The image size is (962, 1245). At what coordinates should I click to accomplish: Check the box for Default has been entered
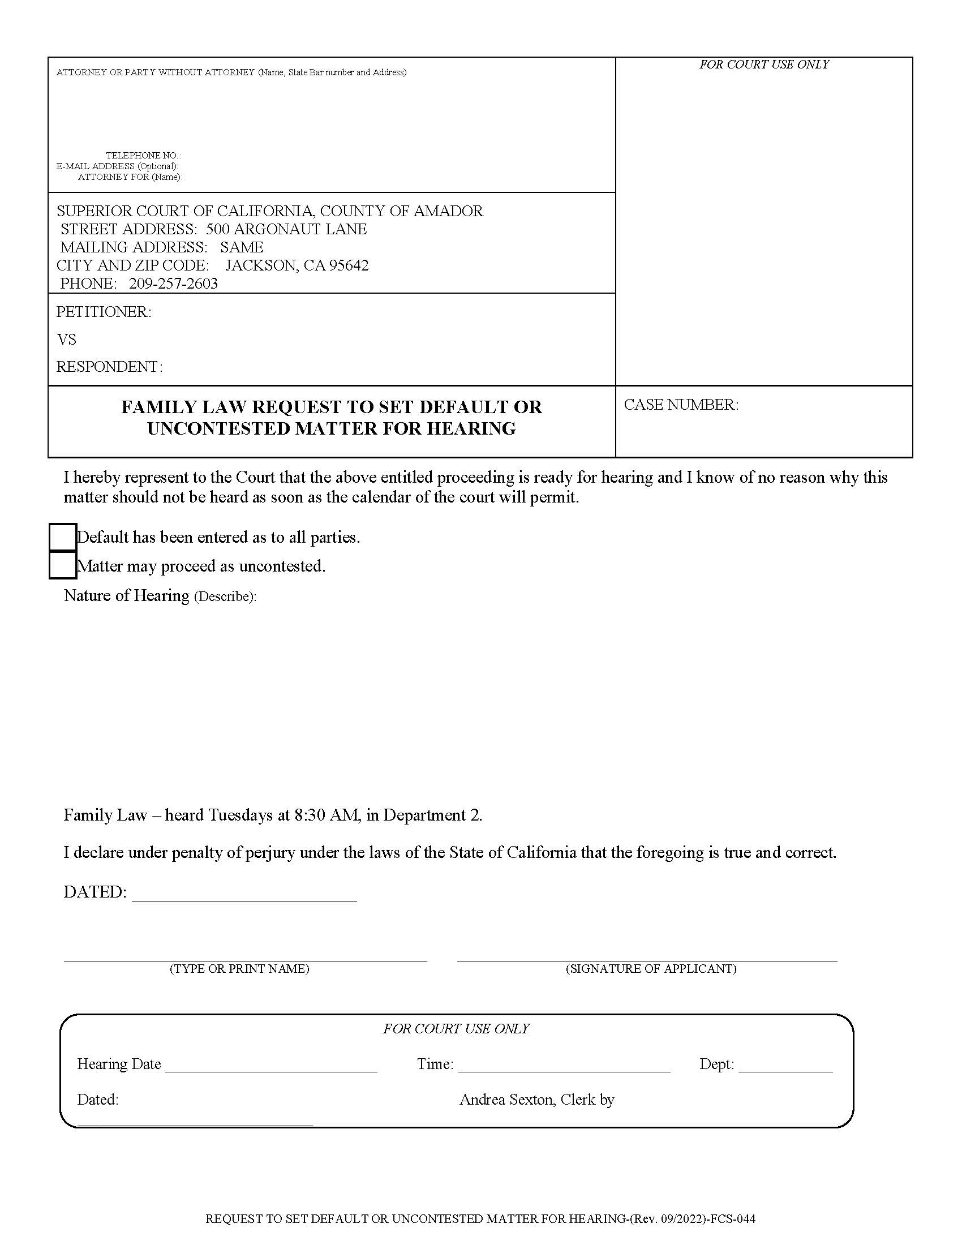[x=63, y=537]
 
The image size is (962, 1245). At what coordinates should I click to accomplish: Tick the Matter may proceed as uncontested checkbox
[x=63, y=565]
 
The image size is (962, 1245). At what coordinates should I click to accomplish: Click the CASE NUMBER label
[x=680, y=405]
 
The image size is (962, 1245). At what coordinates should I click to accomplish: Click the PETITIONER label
[x=104, y=312]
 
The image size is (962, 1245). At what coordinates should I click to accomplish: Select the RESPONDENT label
[x=109, y=367]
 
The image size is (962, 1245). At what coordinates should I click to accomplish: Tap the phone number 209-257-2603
[x=173, y=284]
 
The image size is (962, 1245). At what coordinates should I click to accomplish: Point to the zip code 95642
[x=349, y=265]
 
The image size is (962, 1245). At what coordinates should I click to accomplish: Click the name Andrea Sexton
[x=506, y=1100]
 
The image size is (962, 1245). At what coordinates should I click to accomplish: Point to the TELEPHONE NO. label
[x=144, y=155]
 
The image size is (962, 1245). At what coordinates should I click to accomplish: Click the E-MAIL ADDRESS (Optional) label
[x=117, y=166]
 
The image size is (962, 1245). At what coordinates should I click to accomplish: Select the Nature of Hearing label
[x=127, y=596]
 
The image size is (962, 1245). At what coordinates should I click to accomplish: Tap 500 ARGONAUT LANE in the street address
[x=286, y=229]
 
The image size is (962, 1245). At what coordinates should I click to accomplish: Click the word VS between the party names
[x=67, y=340]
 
